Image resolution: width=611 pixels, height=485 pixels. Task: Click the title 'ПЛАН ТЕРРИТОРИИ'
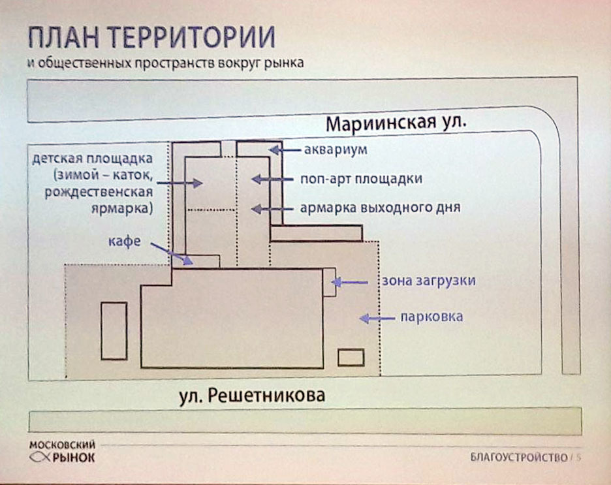(151, 38)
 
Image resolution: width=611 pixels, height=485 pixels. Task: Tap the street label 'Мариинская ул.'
(396, 123)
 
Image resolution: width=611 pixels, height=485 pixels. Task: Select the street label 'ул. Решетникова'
(252, 396)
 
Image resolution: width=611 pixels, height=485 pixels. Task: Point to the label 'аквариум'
(336, 149)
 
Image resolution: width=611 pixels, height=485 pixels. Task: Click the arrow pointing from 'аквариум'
(285, 149)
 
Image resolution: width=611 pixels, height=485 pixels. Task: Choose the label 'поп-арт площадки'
(361, 179)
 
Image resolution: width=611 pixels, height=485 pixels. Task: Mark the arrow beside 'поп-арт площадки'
(272, 180)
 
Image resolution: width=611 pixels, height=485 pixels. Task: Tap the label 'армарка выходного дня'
(380, 208)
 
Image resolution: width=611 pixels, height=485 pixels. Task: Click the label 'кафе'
(124, 241)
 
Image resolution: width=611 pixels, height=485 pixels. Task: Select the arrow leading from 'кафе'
(172, 254)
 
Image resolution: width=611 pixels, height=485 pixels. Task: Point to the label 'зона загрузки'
(428, 281)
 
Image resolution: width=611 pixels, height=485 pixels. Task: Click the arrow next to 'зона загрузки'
(349, 282)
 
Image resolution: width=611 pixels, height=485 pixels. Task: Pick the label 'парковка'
(431, 317)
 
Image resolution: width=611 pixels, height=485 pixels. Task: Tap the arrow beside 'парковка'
(377, 319)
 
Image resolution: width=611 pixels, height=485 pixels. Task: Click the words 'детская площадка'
(92, 159)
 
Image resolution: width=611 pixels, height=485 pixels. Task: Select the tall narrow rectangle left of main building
(114, 331)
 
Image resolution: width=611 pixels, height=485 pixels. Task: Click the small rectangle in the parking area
(351, 358)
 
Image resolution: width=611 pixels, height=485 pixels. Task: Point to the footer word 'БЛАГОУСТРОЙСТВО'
(519, 458)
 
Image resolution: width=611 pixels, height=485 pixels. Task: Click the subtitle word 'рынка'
(284, 63)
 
